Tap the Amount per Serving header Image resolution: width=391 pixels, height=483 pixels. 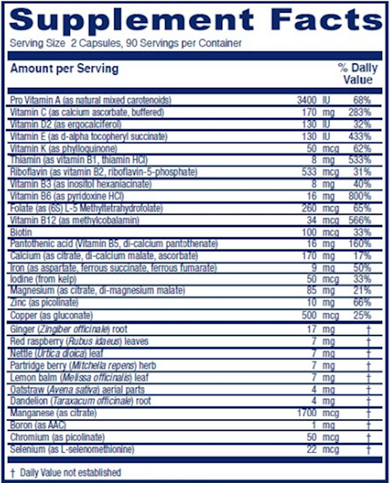click(x=64, y=69)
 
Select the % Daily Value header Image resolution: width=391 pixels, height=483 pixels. click(x=355, y=74)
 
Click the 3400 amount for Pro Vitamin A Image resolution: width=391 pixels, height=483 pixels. click(x=307, y=100)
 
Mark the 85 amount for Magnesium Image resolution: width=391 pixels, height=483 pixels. click(x=311, y=291)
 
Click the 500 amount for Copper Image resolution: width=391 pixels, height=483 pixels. click(x=309, y=315)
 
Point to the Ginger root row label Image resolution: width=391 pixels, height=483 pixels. click(x=69, y=329)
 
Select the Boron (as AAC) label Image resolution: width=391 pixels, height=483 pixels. click(x=38, y=426)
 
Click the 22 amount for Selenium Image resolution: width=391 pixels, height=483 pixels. click(x=311, y=450)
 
